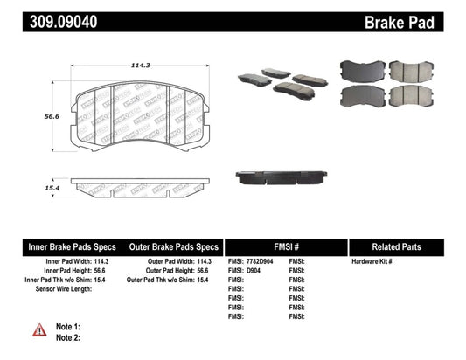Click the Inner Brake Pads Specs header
point(62,247)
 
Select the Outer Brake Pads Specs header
point(175,247)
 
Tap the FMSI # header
point(286,247)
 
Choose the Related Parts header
point(407,247)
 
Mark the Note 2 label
point(67,337)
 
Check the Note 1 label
point(67,326)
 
